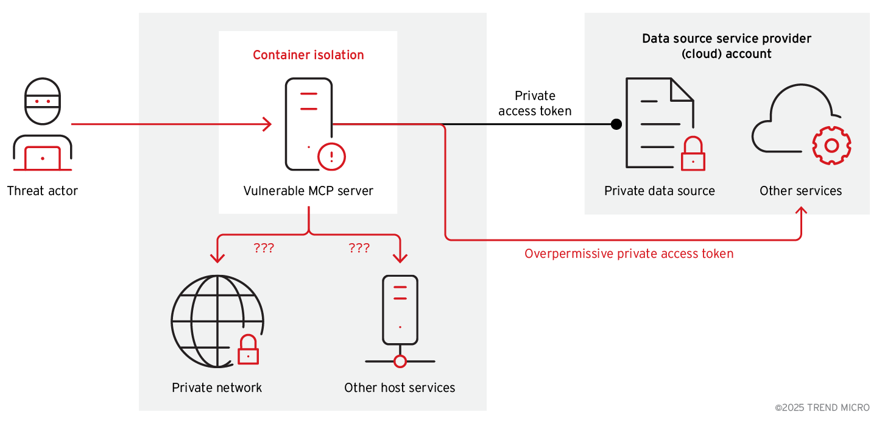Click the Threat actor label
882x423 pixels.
point(43,191)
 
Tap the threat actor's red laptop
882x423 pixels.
point(42,158)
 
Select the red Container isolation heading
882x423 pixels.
point(308,55)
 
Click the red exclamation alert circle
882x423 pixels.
point(332,157)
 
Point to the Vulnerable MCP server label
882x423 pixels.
point(308,191)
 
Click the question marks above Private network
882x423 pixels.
point(264,248)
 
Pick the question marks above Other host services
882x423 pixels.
point(359,248)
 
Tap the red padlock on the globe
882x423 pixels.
point(248,350)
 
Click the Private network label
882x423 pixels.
point(217,388)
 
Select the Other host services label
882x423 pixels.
point(400,388)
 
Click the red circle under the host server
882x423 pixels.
point(400,361)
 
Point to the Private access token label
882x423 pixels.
point(535,104)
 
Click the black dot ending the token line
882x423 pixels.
point(616,124)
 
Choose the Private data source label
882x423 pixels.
point(660,191)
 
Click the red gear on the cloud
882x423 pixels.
point(831,145)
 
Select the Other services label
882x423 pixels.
point(800,191)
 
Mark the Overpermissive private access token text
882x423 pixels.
point(629,254)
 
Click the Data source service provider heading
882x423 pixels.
point(727,46)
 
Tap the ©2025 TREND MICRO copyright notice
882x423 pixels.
point(822,407)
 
